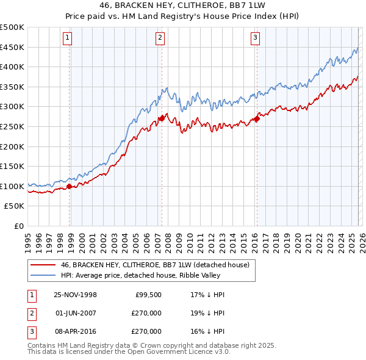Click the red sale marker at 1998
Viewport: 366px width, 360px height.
pos(70,187)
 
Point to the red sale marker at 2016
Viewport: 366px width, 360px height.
pos(257,118)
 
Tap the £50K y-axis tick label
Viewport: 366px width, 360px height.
pos(15,206)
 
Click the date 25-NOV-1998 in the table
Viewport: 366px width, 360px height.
pos(75,295)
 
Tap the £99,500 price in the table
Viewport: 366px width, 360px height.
pos(148,295)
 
